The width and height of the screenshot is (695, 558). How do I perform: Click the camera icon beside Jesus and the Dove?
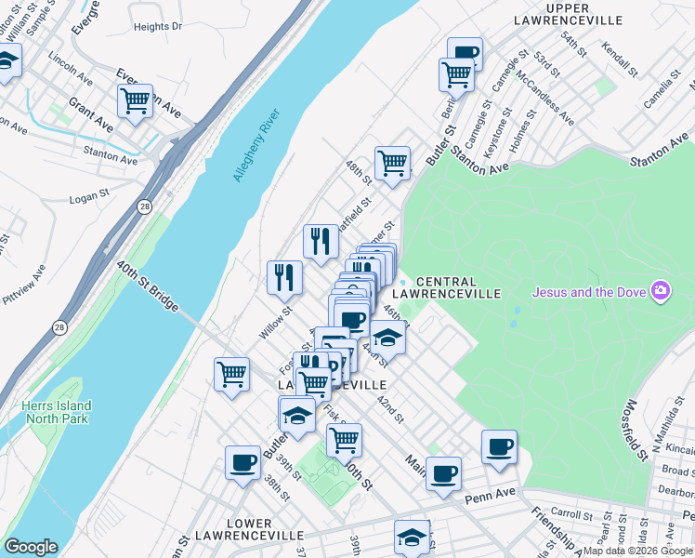[661, 292]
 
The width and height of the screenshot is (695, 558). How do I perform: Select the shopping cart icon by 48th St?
[393, 163]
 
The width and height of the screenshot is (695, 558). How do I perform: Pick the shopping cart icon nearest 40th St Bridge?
[231, 374]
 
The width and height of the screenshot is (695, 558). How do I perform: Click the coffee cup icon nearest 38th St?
[243, 461]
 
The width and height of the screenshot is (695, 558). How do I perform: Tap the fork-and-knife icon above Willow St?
[284, 276]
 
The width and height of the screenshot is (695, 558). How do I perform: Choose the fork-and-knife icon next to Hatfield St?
[320, 241]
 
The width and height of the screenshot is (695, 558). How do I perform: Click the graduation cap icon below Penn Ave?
[412, 537]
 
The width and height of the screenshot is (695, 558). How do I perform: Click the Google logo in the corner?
[32, 546]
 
